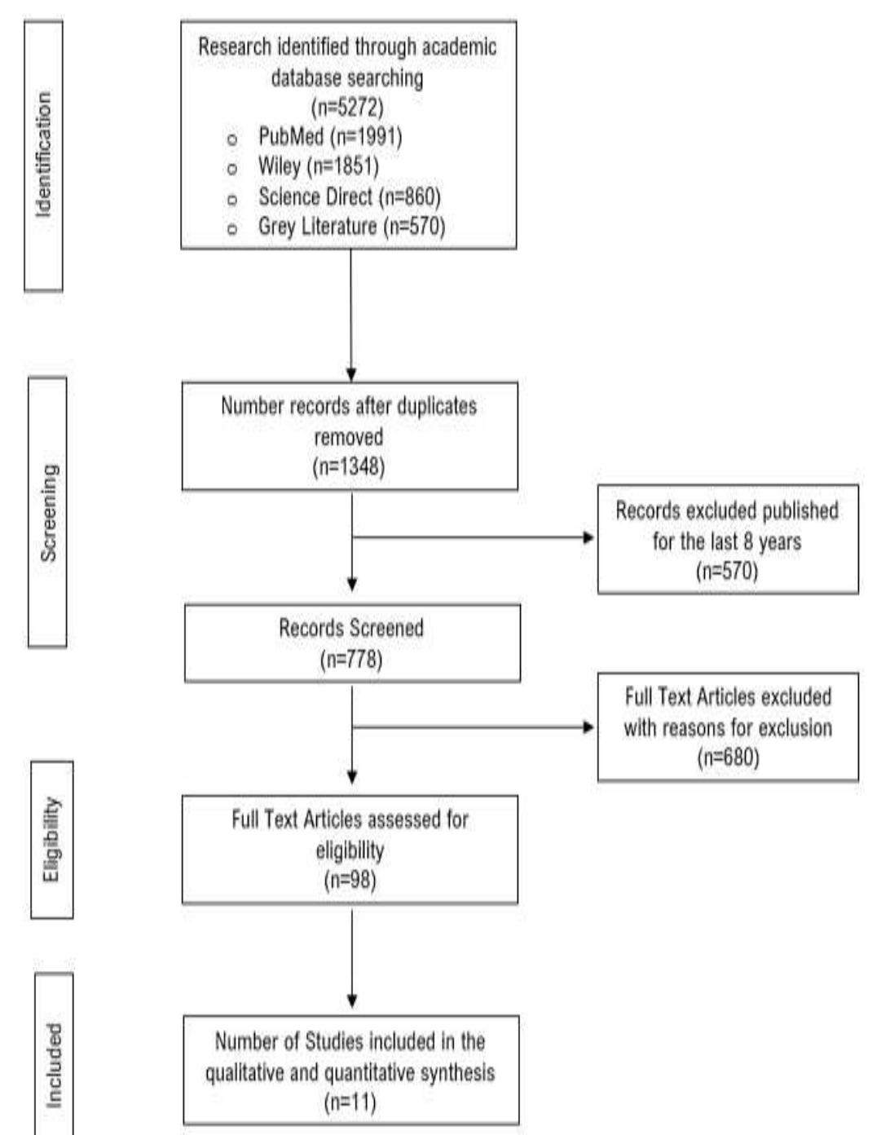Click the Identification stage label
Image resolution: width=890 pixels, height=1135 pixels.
pyautogui.click(x=43, y=155)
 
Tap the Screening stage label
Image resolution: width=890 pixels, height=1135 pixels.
pyautogui.click(x=48, y=512)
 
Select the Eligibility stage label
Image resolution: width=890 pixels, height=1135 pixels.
pyautogui.click(x=51, y=839)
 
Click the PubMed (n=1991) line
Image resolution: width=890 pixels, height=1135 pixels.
pyautogui.click(x=329, y=136)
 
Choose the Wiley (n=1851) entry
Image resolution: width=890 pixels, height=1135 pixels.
pyautogui.click(x=318, y=166)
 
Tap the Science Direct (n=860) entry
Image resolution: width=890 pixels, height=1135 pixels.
pyautogui.click(x=349, y=197)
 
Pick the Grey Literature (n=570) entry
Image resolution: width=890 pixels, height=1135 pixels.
pyautogui.click(x=351, y=226)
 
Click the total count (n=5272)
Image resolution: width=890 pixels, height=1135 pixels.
pyautogui.click(x=347, y=107)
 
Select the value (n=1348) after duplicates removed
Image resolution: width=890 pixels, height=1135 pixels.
pyautogui.click(x=349, y=466)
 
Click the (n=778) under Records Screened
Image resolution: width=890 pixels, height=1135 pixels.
pyautogui.click(x=351, y=659)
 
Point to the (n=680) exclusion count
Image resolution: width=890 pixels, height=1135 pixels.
pyautogui.click(x=728, y=757)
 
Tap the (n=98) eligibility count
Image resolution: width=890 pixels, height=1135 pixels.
pyautogui.click(x=350, y=881)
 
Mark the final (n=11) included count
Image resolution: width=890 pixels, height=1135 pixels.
pyautogui.click(x=350, y=1103)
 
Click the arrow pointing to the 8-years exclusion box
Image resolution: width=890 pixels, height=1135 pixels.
pyautogui.click(x=588, y=537)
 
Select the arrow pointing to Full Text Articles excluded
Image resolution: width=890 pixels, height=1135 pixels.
pyautogui.click(x=588, y=726)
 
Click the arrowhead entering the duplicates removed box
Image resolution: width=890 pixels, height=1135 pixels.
pyautogui.click(x=351, y=375)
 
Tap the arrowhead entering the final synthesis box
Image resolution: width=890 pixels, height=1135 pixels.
pyautogui.click(x=351, y=1000)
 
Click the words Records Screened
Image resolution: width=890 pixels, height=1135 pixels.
pyautogui.click(x=351, y=629)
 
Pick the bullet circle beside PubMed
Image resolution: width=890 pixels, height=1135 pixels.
pyautogui.click(x=232, y=139)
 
